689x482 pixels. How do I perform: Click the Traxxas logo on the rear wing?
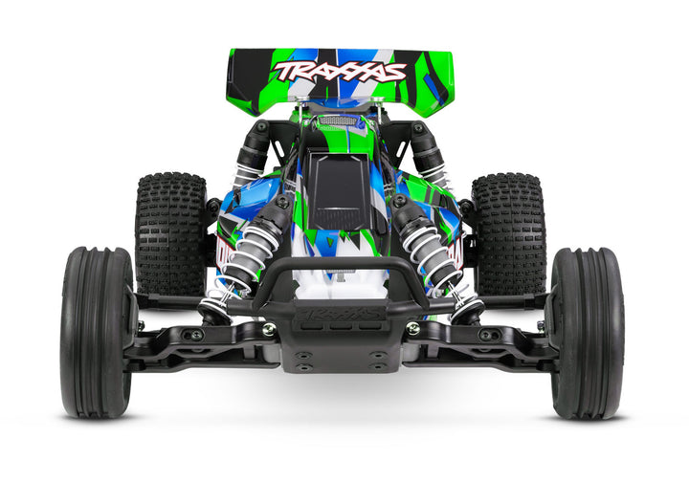point(339,71)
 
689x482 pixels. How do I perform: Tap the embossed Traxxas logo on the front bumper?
point(341,312)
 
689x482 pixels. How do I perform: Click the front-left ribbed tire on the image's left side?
point(97,332)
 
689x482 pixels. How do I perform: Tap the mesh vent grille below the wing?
point(341,121)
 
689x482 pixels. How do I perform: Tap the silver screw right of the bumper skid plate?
point(412,328)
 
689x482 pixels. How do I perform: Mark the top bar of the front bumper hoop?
point(341,265)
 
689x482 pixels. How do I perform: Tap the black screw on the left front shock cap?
point(283,203)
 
